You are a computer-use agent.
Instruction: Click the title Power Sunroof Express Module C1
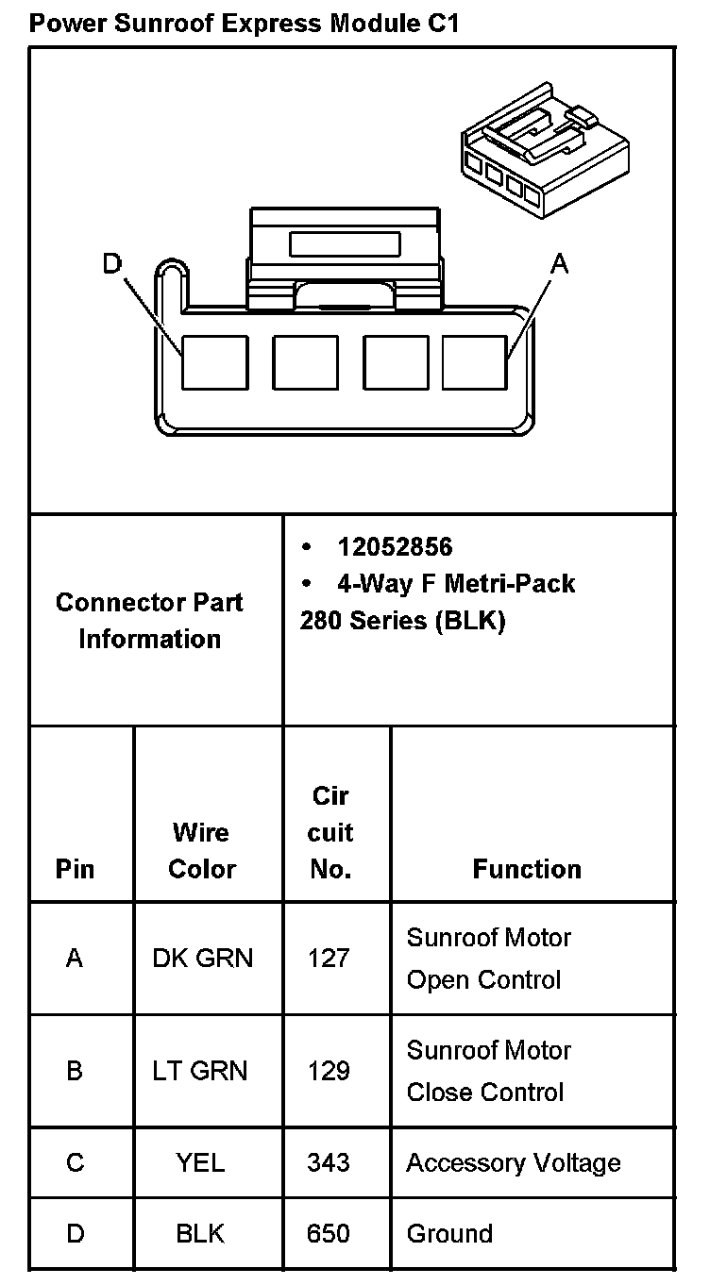pyautogui.click(x=244, y=23)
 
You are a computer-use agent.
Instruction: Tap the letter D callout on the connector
pyautogui.click(x=112, y=264)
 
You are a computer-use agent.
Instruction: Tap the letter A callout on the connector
pyautogui.click(x=560, y=265)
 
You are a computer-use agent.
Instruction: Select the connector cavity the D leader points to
pyautogui.click(x=214, y=362)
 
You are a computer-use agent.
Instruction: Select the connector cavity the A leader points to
pyautogui.click(x=475, y=362)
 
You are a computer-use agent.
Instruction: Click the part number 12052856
pyautogui.click(x=395, y=547)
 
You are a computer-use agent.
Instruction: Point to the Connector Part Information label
pyautogui.click(x=149, y=620)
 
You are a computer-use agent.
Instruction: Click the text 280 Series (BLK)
pyautogui.click(x=403, y=622)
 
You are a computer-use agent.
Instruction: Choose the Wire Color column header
pyautogui.click(x=201, y=850)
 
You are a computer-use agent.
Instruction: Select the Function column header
pyautogui.click(x=527, y=868)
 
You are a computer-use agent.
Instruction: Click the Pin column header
pyautogui.click(x=76, y=868)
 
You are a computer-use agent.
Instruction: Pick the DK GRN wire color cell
pyautogui.click(x=202, y=959)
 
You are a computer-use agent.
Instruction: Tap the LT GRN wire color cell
pyautogui.click(x=200, y=1071)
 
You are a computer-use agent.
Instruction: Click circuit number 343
pyautogui.click(x=329, y=1162)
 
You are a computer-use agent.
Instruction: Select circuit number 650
pyautogui.click(x=329, y=1233)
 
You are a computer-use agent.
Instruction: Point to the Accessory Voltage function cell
pyautogui.click(x=514, y=1162)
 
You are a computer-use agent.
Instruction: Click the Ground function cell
pyautogui.click(x=449, y=1233)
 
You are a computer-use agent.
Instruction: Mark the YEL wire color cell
pyautogui.click(x=200, y=1162)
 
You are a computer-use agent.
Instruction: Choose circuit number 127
pyautogui.click(x=329, y=959)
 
